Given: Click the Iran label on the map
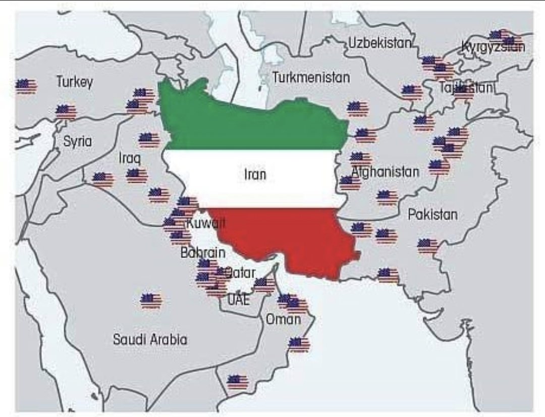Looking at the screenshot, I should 255,175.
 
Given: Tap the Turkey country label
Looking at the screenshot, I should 75,82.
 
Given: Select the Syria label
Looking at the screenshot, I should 77,141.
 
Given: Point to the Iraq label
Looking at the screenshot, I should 129,158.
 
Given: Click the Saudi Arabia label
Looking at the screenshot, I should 150,339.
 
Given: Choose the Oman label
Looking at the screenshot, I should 283,319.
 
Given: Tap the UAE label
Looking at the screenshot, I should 238,299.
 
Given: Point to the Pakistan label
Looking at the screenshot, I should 432,215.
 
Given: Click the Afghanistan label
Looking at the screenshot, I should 385,172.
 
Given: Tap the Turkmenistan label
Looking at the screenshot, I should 311,78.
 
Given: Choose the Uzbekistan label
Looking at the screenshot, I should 380,43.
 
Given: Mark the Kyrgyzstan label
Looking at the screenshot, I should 493,47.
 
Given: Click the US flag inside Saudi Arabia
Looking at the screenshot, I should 151,300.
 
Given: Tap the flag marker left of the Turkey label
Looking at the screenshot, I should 26,86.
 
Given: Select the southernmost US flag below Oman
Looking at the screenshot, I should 237,382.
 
